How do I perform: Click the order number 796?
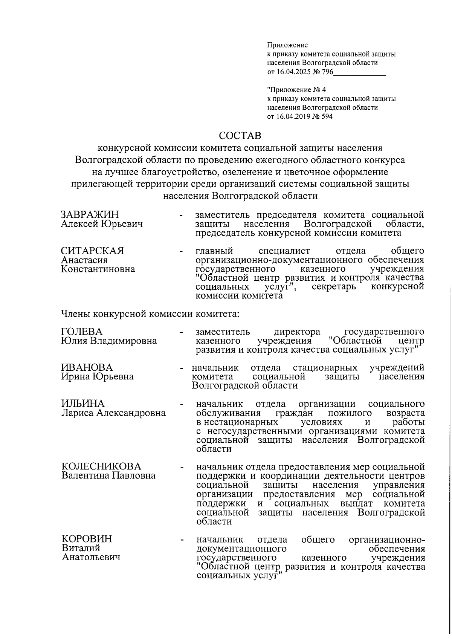pos(328,72)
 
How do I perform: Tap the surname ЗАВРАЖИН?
pos(90,215)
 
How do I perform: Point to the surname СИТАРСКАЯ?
pos(93,251)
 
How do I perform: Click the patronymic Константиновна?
pos(98,269)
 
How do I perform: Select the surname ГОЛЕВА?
pos(82,332)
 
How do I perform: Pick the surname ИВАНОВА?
pos(87,367)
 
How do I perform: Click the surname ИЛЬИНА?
pos(83,404)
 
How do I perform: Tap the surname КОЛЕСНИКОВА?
pos(101,466)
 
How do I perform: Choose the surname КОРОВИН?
pos(87,539)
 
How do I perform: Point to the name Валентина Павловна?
pos(108,475)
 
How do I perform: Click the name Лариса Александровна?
pos(113,413)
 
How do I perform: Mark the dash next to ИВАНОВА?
pos(182,368)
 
